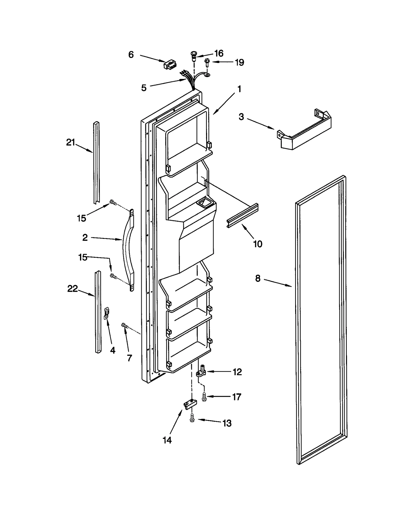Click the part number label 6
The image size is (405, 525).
131,55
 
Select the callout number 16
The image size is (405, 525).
219,53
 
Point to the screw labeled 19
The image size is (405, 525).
207,62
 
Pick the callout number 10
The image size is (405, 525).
257,244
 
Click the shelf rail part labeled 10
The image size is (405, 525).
242,216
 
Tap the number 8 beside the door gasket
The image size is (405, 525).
257,278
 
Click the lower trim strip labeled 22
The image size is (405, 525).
98,312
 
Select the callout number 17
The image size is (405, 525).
237,397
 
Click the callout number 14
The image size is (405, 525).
167,440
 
